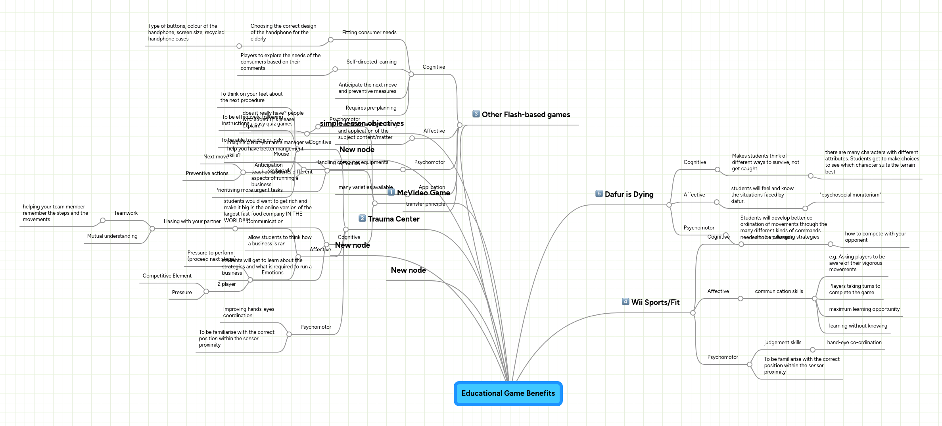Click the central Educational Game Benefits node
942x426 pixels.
coord(508,393)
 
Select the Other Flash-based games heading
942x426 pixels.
coord(526,115)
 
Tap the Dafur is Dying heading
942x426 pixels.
coord(629,195)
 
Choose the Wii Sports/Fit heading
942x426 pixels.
coord(655,303)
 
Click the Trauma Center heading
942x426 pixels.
coord(393,219)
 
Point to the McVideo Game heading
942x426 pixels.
coord(423,193)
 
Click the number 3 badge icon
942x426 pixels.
coord(476,114)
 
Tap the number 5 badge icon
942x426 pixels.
coord(599,194)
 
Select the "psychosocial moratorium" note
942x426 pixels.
coord(850,195)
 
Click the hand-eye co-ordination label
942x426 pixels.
coord(854,343)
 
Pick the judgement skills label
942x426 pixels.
coord(782,343)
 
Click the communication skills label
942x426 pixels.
coord(779,291)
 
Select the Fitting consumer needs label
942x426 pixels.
coord(369,33)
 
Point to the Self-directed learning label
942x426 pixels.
coord(371,62)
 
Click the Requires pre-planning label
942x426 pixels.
coord(371,108)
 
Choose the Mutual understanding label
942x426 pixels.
coord(112,236)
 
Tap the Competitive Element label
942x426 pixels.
coord(167,276)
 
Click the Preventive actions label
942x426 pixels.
coord(207,173)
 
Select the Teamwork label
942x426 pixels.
coord(126,213)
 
